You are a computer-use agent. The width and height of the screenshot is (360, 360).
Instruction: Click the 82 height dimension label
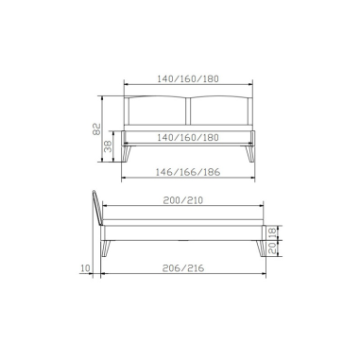[x=96, y=129]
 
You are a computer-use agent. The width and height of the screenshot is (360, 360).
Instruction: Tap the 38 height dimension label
[x=108, y=146]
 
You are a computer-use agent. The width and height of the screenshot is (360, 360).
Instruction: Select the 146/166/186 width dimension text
[x=188, y=172]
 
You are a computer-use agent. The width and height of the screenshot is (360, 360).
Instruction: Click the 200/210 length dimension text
[x=183, y=200]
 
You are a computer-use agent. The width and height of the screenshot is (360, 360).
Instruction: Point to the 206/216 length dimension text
[x=183, y=268]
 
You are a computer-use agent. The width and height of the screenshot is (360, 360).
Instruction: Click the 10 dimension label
[x=85, y=268]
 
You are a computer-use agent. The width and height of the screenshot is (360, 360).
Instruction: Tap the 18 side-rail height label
[x=273, y=232]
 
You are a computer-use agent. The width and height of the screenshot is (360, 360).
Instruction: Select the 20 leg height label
[x=273, y=249]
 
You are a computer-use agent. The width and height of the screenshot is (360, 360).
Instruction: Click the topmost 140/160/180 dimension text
[x=188, y=78]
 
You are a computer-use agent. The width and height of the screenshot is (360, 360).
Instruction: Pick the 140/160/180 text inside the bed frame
[x=188, y=138]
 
